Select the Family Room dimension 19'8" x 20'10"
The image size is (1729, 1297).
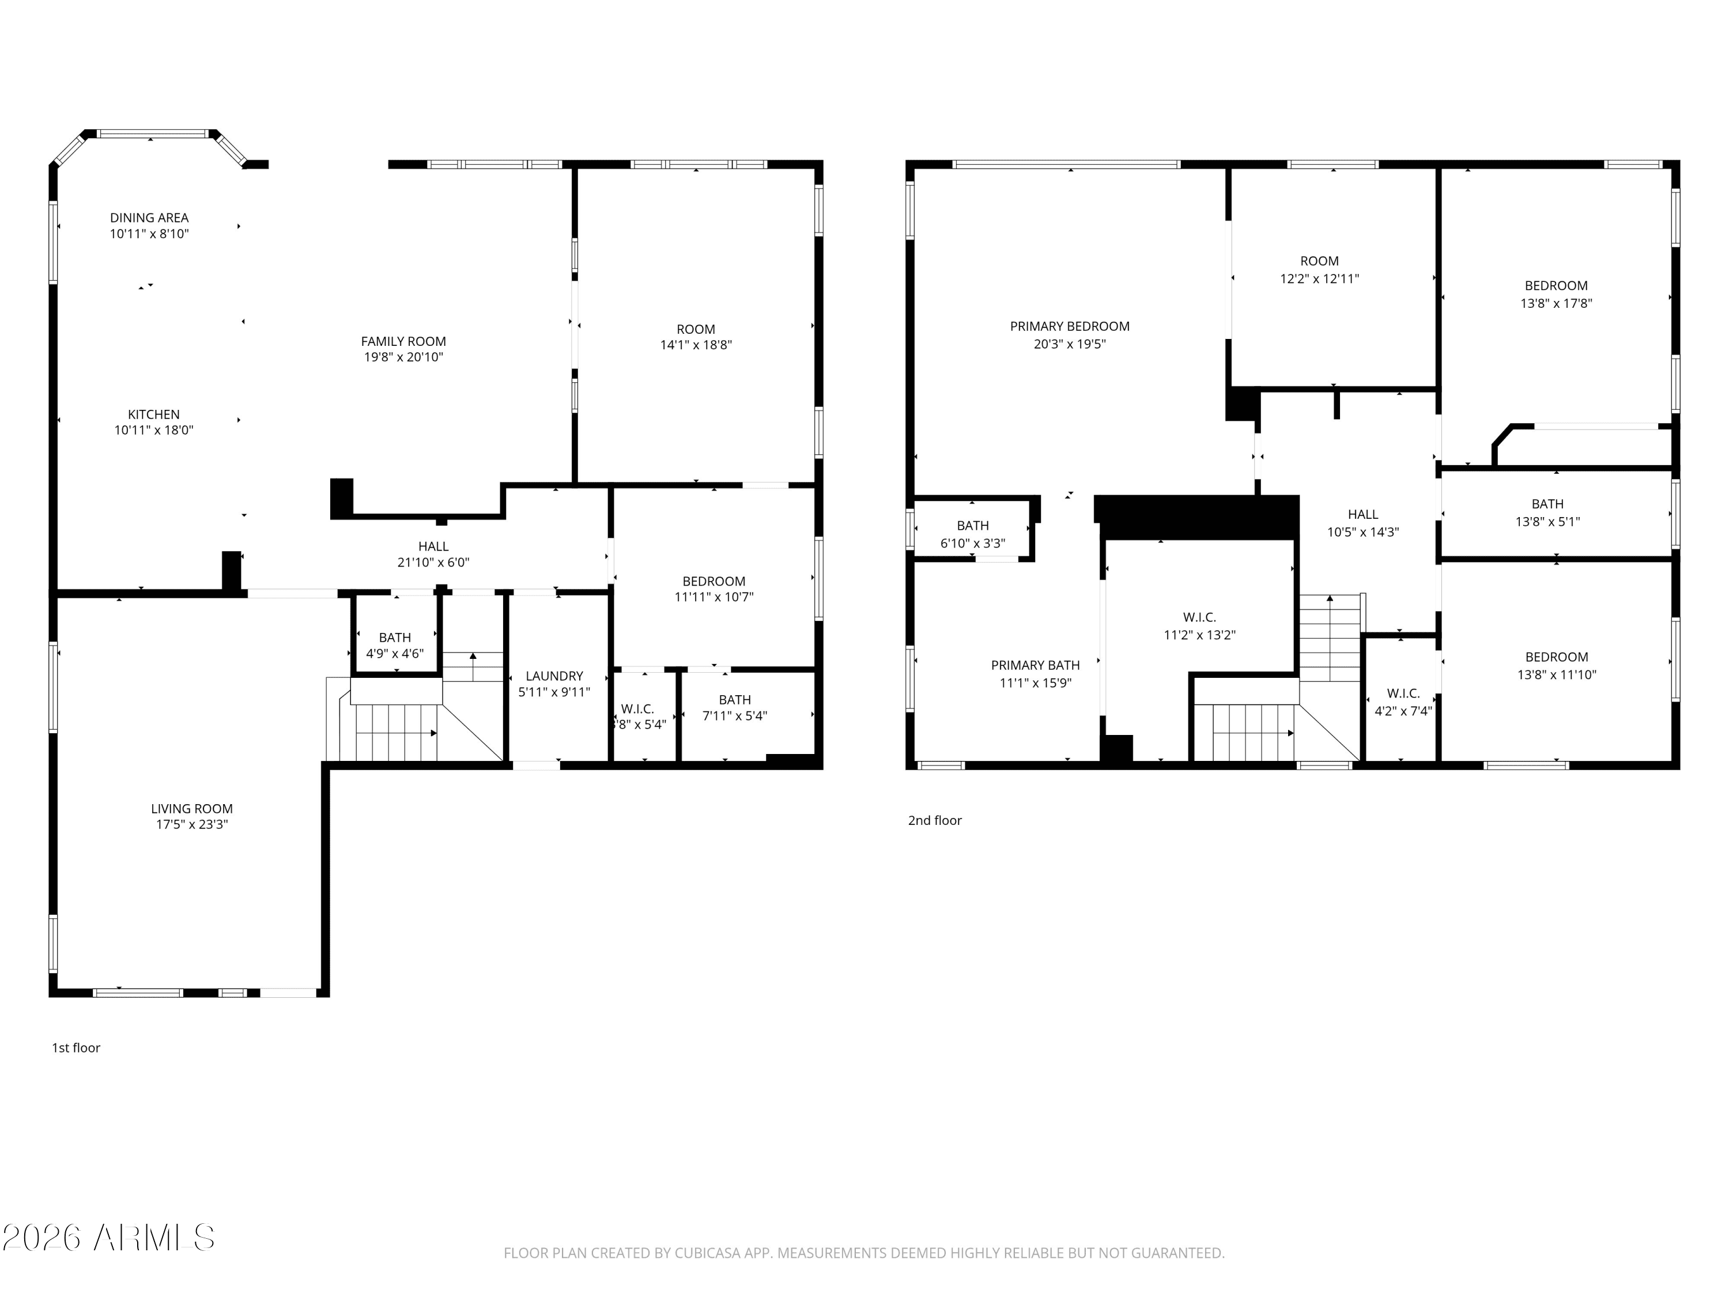(403, 357)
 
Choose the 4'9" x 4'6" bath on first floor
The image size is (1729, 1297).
(395, 646)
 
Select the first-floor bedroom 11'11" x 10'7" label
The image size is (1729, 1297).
(713, 589)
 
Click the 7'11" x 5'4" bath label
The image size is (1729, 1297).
(734, 707)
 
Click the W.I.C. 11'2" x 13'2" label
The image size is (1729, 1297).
(1198, 626)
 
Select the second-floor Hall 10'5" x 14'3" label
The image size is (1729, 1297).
(1362, 523)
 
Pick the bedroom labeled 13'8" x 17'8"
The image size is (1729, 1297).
(1556, 294)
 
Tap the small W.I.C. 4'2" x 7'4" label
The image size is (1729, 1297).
(1402, 702)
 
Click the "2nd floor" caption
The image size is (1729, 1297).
(934, 820)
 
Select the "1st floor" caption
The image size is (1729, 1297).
(76, 1047)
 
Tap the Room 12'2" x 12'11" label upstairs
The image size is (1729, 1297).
(1319, 270)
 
